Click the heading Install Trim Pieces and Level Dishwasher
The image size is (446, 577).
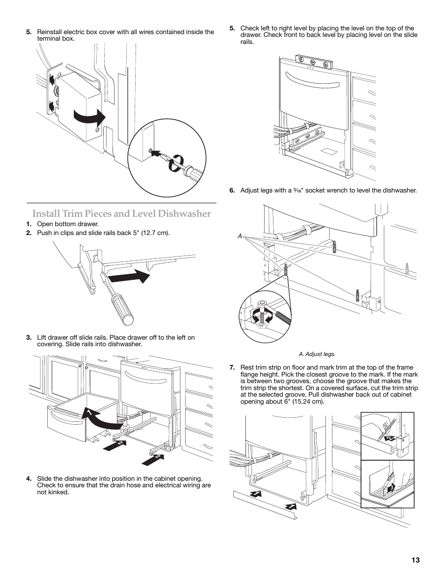pos(122,214)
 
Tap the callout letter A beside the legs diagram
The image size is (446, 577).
pos(239,236)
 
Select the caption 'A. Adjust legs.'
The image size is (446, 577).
pos(320,354)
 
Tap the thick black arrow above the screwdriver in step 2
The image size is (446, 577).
pos(129,277)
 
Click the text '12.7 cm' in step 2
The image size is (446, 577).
pos(156,233)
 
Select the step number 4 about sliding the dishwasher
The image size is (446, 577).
pos(29,478)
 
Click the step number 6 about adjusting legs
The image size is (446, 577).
pos(232,190)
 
